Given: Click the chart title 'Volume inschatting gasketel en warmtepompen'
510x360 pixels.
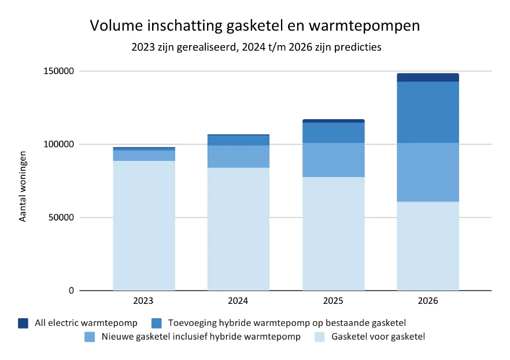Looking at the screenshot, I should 254,26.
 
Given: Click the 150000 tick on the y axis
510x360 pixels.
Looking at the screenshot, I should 60,71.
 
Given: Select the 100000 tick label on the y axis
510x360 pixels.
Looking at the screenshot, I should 60,144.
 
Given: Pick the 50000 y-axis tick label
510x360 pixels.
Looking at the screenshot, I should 62,218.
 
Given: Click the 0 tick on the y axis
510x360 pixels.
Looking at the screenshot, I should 72,291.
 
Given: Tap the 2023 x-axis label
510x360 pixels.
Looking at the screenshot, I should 143,302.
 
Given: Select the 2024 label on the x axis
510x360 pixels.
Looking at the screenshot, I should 238,302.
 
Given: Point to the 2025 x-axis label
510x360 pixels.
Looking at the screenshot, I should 333,302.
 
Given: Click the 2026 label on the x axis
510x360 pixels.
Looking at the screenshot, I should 428,302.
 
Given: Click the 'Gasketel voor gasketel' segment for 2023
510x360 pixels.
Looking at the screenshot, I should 143,226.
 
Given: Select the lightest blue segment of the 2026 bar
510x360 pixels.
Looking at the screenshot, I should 428,246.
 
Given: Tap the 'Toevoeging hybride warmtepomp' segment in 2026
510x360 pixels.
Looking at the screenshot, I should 428,112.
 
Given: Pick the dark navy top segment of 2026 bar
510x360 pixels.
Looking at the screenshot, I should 428,78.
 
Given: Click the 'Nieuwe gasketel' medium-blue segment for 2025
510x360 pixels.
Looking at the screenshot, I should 333,160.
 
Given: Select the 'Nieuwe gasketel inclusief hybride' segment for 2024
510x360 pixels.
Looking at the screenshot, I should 238,156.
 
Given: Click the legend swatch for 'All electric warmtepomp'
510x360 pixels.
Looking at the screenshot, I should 23,323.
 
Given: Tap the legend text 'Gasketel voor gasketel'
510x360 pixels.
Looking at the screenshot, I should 378,336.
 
